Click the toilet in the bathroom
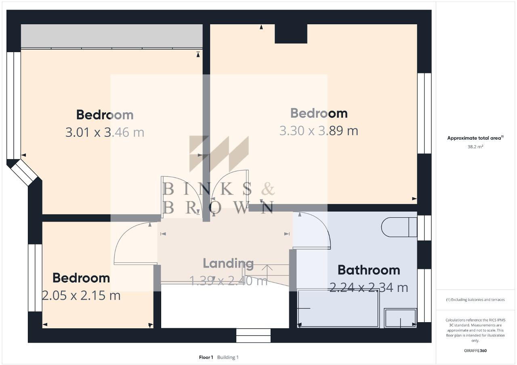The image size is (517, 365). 398,227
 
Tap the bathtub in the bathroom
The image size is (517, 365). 338,308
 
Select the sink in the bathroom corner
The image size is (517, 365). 400,318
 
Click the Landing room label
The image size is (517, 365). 228,263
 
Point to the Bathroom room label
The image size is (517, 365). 368,270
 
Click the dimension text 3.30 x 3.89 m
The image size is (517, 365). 319,131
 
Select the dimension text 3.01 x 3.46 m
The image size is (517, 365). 105,132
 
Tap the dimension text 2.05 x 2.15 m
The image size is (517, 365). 81,296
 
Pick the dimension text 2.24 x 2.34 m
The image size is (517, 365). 368,287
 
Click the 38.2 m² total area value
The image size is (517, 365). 475,147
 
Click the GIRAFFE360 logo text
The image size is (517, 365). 475,350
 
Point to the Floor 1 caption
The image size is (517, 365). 206,357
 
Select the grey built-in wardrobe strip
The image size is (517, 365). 111,36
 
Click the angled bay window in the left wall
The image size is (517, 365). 23,173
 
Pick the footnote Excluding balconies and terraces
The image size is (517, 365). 475,300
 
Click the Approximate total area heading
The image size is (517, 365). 475,138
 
